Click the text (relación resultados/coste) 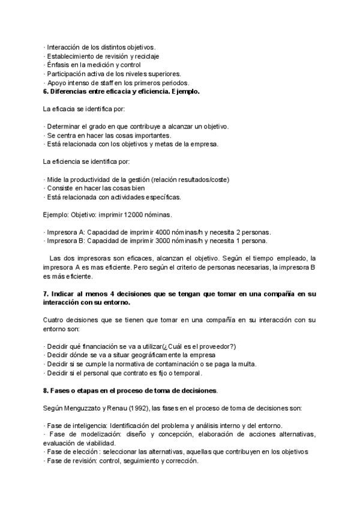tap(191, 179)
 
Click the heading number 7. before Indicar tap(46, 294)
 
